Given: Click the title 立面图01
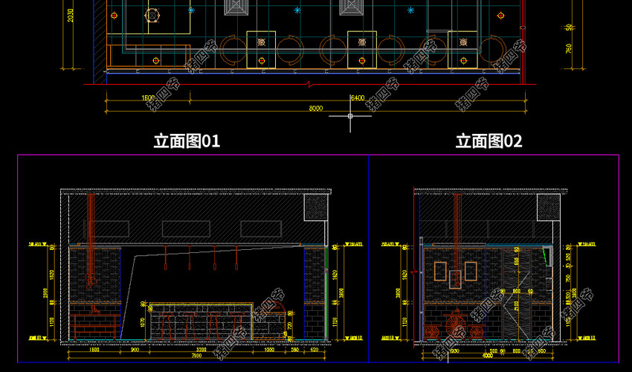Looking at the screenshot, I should [x=187, y=141].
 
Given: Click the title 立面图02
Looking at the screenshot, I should [x=488, y=141].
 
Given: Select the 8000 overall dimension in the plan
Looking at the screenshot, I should [x=316, y=109].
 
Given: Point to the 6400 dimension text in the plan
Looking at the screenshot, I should [x=357, y=97].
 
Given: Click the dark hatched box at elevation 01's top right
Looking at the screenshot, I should [x=315, y=209].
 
